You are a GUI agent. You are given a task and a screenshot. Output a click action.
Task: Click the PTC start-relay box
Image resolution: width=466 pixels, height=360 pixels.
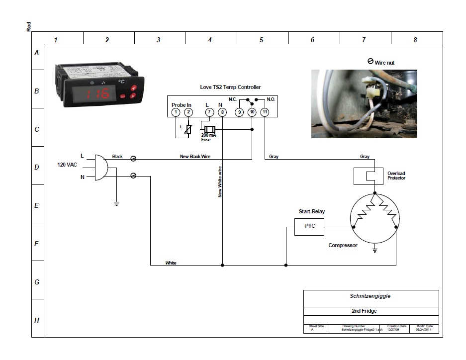[x=309, y=227]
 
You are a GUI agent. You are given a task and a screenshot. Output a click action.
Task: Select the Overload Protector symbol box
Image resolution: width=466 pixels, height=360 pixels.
[x=368, y=176]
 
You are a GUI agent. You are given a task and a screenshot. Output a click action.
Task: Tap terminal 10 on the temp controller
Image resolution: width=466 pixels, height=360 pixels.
[x=252, y=112]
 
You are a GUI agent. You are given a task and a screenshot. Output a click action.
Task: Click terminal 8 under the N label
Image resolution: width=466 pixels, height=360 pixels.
[x=222, y=112]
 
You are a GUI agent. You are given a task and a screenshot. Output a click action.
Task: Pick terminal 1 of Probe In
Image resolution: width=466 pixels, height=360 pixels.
[x=176, y=112]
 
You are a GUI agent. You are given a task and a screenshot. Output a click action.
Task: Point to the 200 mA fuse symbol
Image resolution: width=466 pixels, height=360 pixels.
[x=210, y=129]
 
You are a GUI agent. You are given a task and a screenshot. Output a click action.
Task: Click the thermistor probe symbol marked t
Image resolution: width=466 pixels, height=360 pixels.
[x=188, y=129]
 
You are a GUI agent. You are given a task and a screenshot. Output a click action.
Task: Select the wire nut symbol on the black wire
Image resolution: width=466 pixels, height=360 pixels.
[x=133, y=159]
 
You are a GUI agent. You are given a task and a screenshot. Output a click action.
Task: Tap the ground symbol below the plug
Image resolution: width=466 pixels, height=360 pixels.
[x=116, y=204]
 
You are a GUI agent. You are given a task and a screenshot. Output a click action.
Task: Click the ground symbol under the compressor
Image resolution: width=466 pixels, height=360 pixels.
[x=375, y=250]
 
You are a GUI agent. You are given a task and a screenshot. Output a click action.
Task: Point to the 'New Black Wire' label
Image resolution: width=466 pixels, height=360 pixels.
[x=195, y=157]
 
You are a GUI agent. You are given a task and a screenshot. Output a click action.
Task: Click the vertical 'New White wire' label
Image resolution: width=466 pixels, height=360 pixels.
[x=220, y=182]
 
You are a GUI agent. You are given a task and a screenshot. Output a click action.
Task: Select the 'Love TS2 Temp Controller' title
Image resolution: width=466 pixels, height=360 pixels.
[x=230, y=87]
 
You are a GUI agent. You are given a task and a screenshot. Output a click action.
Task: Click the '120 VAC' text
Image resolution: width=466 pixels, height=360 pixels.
[x=67, y=165]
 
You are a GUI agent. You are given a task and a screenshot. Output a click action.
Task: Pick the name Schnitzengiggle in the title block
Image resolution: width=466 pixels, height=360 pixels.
[x=370, y=296]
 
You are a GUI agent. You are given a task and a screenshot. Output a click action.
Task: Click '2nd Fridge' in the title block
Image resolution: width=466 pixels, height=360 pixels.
[x=364, y=311]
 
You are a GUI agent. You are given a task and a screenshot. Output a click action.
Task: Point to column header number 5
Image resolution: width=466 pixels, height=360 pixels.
[x=261, y=40]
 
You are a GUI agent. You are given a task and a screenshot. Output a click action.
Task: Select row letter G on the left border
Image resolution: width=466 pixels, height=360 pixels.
[x=37, y=282]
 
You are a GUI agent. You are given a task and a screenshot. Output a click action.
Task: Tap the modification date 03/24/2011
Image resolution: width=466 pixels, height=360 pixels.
[x=423, y=330]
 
